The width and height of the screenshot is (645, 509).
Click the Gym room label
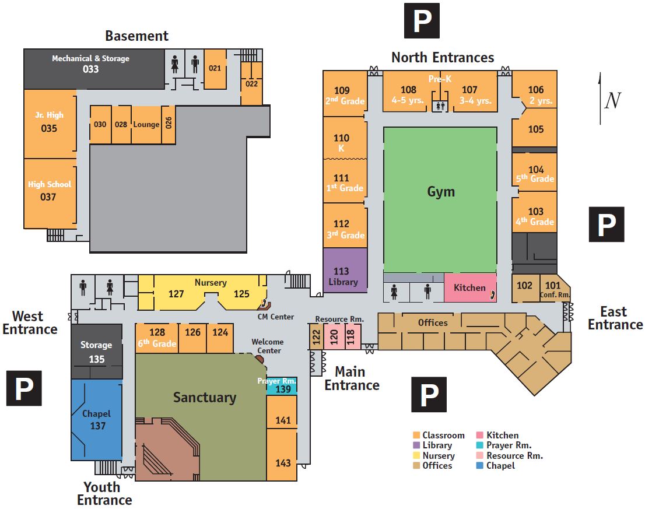tap(440, 192)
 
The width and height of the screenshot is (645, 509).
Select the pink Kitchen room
tap(469, 287)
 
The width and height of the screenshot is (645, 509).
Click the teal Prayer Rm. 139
tap(282, 385)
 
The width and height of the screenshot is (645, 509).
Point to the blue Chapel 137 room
tap(97, 420)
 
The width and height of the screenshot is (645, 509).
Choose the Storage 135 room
tap(96, 352)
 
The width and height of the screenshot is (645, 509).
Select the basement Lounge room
tap(146, 124)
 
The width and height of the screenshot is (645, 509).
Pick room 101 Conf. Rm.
tap(553, 288)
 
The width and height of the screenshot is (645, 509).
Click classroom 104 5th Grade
tap(535, 174)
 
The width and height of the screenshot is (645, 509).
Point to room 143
tap(283, 462)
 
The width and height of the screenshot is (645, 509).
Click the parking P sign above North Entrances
tap(422, 21)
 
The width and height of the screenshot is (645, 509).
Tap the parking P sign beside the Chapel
tap(24, 388)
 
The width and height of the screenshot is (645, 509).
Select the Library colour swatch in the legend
tap(416, 445)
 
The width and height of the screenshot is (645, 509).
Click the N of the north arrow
tap(612, 100)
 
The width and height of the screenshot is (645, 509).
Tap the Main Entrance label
tap(352, 378)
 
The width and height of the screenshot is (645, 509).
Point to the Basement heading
tap(136, 36)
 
